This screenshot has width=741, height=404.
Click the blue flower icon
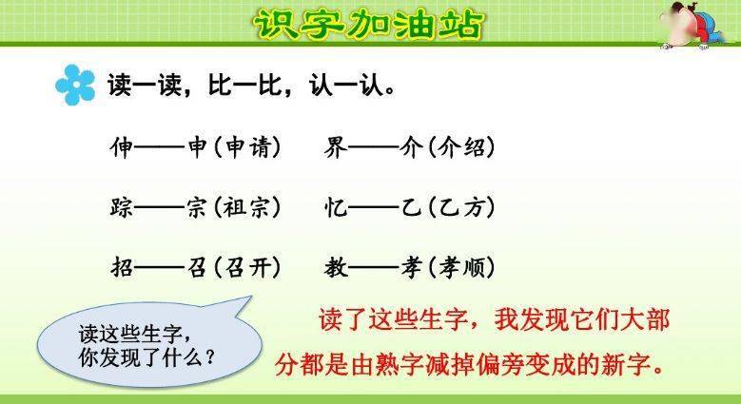75,85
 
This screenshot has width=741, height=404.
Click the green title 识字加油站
370,24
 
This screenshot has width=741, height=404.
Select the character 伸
122,148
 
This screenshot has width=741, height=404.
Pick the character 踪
122,206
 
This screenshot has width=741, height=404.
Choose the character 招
122,266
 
